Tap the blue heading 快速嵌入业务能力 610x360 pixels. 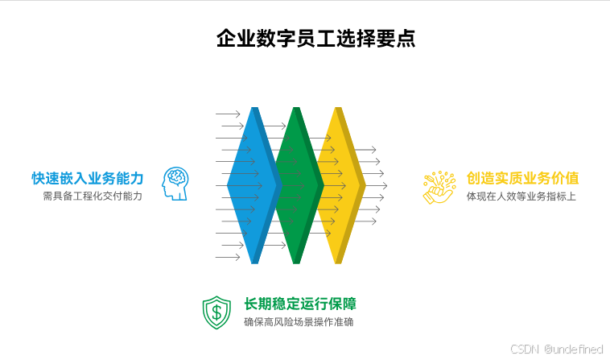(x=88, y=178)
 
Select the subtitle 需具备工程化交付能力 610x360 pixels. (x=93, y=196)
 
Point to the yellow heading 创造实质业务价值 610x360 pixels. (x=523, y=178)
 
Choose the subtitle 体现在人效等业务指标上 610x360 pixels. (x=521, y=196)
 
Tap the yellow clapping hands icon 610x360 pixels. (x=439, y=187)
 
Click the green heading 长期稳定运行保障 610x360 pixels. (x=299, y=304)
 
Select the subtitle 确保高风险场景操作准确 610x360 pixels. (x=299, y=322)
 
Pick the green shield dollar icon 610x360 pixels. (x=216, y=312)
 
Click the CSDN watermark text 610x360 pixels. (x=525, y=348)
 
